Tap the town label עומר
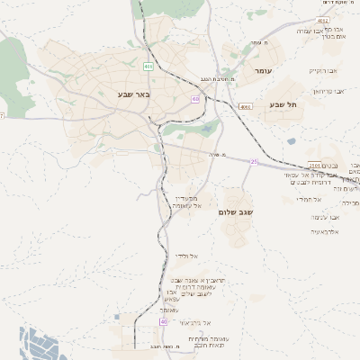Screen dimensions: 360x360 point(263,70)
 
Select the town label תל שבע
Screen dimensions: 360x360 point(283,104)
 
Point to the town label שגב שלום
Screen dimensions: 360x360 point(236,211)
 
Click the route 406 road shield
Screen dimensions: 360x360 point(148,66)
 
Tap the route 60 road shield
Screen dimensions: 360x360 point(195,99)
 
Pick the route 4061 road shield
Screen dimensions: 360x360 point(246,106)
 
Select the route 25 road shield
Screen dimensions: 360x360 point(255,162)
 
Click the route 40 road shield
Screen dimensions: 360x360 point(164,321)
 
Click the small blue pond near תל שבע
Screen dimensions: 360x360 point(291,141)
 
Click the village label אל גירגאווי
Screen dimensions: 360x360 point(194,321)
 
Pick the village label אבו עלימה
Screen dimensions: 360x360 point(325,217)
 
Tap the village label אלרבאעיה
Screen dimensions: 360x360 point(324,231)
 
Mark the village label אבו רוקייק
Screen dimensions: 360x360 point(322,70)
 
